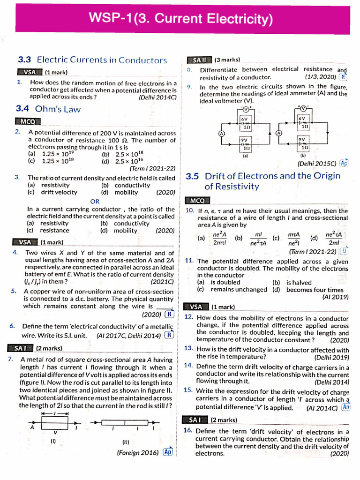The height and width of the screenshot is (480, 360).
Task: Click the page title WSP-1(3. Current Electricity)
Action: [180, 19]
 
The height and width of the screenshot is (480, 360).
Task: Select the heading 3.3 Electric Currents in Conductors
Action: [92, 60]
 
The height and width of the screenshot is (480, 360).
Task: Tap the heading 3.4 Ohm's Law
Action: [48, 109]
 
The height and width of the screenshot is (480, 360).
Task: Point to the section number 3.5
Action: [193, 176]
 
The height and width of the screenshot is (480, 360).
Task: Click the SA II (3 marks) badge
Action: [214, 60]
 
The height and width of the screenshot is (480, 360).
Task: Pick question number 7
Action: [10, 360]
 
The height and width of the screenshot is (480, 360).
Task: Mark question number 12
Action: [189, 317]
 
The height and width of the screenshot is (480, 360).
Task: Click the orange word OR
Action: [95, 201]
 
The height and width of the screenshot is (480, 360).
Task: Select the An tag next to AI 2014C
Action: [346, 407]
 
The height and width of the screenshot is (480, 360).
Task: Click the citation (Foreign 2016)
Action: [138, 453]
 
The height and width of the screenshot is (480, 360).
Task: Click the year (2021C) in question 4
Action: [162, 281]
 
